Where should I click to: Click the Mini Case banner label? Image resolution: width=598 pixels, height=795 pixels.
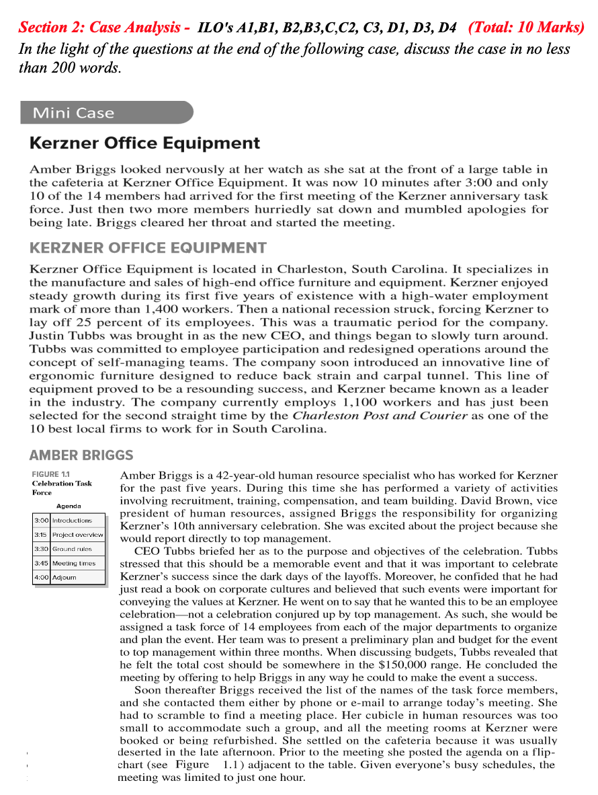[x=74, y=113]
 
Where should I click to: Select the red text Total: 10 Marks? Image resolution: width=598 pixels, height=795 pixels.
[x=526, y=28]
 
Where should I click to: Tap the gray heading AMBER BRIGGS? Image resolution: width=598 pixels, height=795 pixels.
[x=81, y=455]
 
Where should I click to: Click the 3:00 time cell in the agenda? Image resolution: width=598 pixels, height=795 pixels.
[x=41, y=521]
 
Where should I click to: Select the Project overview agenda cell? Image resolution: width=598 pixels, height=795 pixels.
[x=78, y=535]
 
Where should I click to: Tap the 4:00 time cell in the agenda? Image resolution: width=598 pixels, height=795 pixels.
[x=41, y=577]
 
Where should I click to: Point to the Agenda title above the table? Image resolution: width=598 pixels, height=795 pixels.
[x=69, y=506]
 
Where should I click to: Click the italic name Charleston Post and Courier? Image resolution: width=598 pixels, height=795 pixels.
[x=380, y=416]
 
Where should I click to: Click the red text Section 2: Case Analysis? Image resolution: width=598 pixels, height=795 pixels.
[x=103, y=28]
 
